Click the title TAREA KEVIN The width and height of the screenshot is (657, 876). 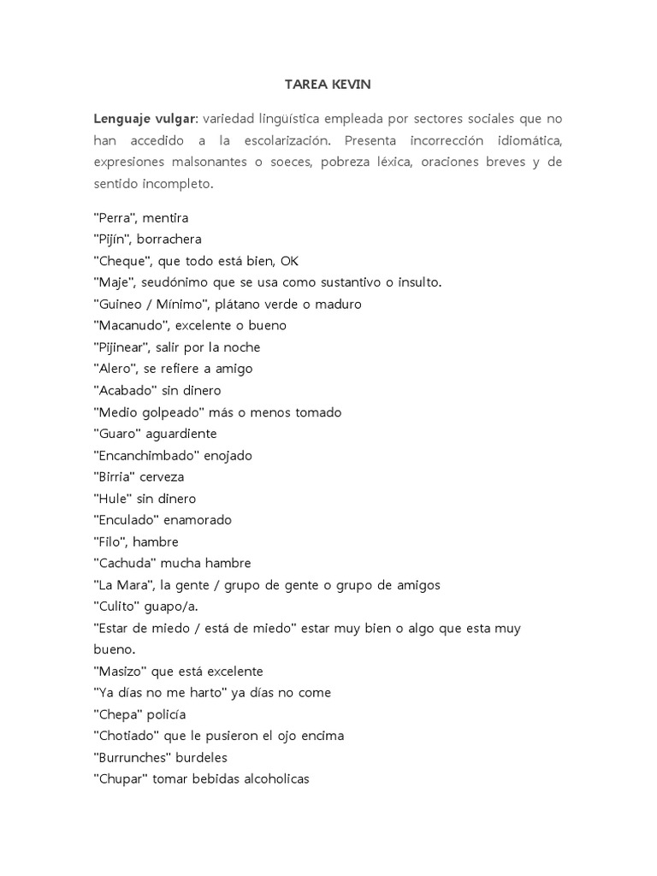328,86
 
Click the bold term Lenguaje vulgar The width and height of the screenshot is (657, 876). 145,118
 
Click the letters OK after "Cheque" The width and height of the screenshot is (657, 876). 289,261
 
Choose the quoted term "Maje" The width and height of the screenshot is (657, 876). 112,282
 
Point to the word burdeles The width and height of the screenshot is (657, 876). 202,758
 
